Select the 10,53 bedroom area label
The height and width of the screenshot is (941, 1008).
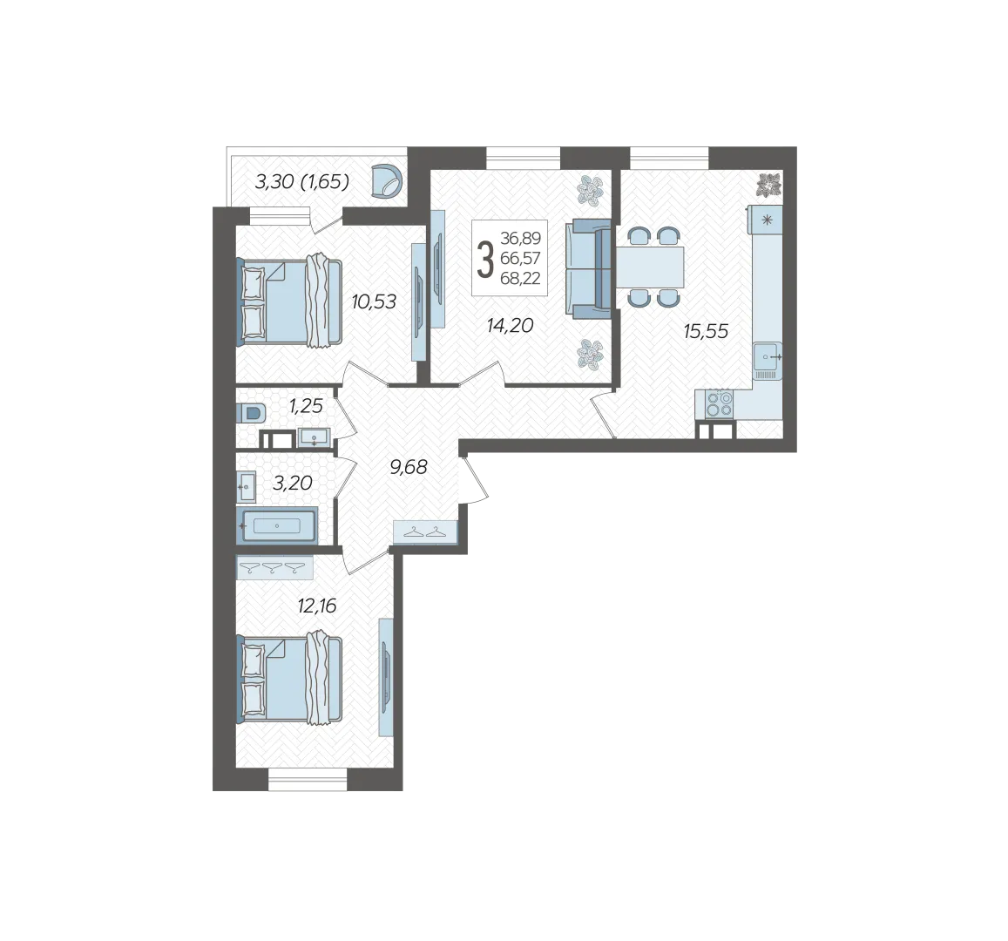point(374,301)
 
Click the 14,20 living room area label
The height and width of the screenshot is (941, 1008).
point(511,325)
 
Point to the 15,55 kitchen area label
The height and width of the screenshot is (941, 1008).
point(706,331)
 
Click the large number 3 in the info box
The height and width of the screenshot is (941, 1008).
point(485,258)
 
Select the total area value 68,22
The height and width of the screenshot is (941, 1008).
point(520,278)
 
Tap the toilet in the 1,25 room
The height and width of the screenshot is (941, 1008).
point(251,413)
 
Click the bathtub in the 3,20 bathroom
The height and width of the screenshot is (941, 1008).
point(277,525)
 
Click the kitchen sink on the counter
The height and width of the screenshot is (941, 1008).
point(768,362)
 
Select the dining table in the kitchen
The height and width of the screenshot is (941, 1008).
point(650,267)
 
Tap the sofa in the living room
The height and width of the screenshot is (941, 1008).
point(588,268)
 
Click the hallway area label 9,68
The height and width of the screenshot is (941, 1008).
point(409,467)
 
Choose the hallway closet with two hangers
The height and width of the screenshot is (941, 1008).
point(425,532)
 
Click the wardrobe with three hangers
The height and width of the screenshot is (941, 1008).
point(274,567)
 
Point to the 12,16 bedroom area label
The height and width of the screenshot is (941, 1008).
point(317,606)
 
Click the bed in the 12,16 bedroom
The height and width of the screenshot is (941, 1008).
point(289,679)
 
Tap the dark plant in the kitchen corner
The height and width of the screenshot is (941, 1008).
point(768,185)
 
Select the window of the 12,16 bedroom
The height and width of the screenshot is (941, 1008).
point(308,780)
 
